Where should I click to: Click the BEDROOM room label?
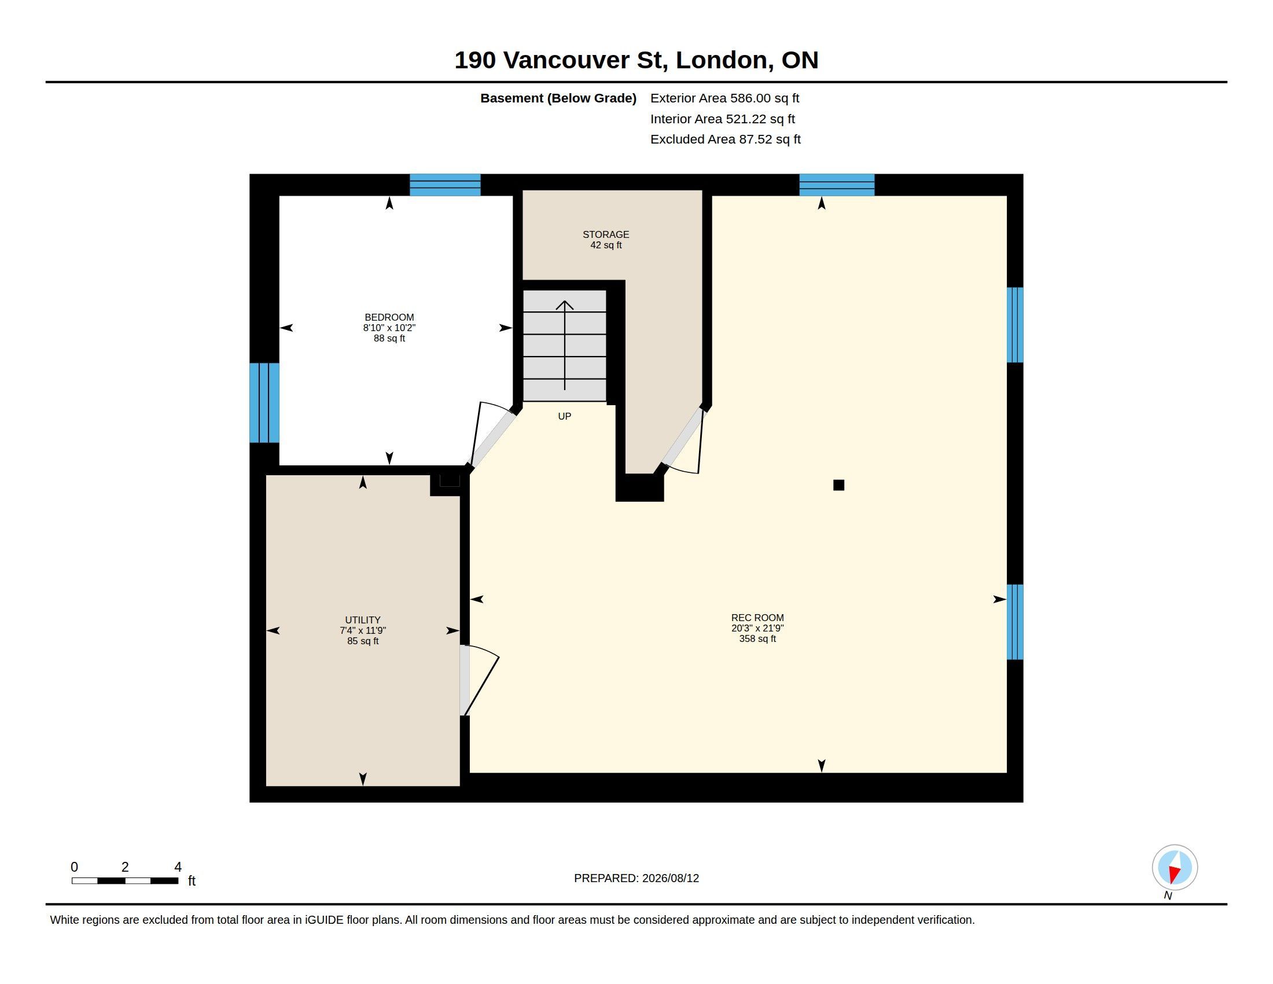click(x=389, y=318)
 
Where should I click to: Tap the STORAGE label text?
click(x=606, y=234)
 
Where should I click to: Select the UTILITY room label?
click(x=363, y=620)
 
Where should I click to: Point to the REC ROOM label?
click(x=757, y=618)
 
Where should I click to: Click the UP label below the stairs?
click(x=564, y=416)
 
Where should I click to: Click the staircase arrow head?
click(x=564, y=305)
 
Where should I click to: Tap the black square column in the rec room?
click(x=838, y=485)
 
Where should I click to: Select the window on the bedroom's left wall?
click(x=264, y=403)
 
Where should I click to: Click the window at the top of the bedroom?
click(x=445, y=185)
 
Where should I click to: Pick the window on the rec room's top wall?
click(x=837, y=185)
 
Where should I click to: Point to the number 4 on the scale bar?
click(x=178, y=867)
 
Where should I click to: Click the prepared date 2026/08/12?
click(x=670, y=878)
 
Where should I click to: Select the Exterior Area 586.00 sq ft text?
click(x=724, y=98)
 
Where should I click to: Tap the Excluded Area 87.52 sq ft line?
click(x=725, y=139)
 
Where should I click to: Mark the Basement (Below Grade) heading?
click(x=558, y=98)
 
